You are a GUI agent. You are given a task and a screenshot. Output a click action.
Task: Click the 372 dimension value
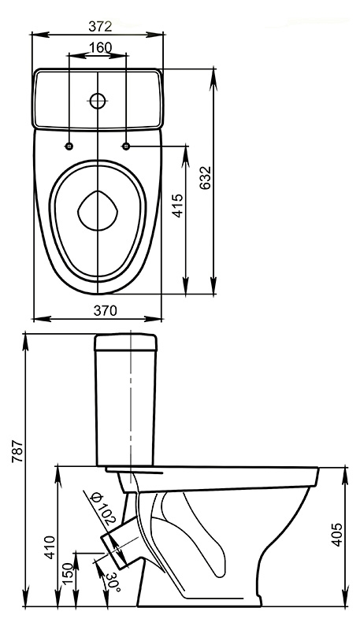click(100, 26)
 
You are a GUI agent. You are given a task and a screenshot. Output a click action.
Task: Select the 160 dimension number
click(100, 48)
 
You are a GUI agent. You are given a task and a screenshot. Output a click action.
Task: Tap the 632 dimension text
click(206, 178)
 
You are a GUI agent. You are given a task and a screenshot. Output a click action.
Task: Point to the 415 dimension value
click(177, 206)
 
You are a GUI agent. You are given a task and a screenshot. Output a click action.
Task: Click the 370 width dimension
click(106, 310)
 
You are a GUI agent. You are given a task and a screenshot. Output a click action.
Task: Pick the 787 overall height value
click(17, 451)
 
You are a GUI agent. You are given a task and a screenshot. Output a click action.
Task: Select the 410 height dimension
click(50, 547)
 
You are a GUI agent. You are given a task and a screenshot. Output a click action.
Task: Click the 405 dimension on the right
click(337, 534)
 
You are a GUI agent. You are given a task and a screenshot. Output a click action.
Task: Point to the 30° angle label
click(113, 582)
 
